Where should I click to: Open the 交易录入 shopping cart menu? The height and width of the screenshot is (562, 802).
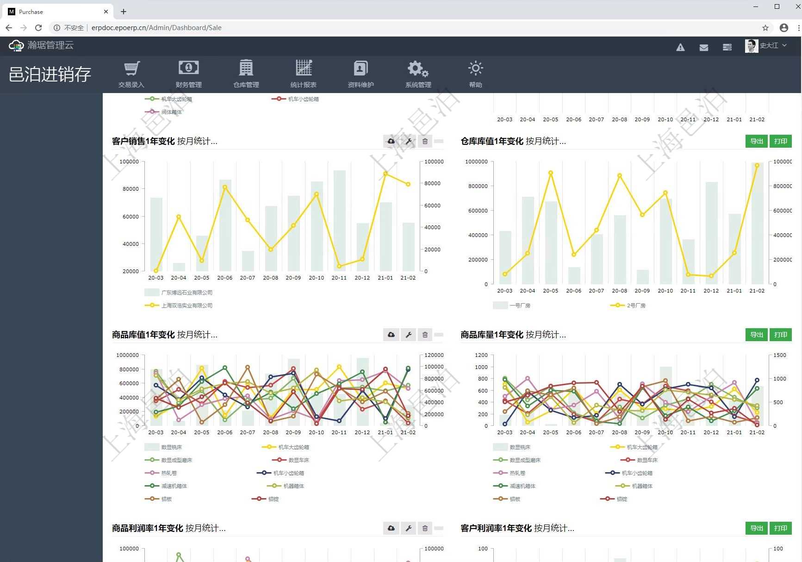click(x=131, y=74)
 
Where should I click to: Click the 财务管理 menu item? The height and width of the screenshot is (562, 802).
click(x=188, y=74)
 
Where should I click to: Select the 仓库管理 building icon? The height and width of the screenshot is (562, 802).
click(x=246, y=74)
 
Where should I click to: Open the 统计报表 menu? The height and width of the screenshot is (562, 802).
click(x=304, y=74)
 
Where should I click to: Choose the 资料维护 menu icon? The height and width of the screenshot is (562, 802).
click(x=361, y=74)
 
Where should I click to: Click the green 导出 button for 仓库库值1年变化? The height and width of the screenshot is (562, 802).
click(x=756, y=141)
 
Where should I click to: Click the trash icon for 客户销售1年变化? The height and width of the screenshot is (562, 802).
click(x=425, y=141)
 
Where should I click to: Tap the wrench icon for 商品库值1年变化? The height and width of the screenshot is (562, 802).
click(x=409, y=335)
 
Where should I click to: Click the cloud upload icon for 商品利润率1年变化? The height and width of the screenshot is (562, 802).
click(x=391, y=528)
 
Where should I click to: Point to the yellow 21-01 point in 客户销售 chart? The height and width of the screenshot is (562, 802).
click(x=385, y=174)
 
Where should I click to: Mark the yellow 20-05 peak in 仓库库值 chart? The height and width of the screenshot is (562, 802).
click(x=551, y=173)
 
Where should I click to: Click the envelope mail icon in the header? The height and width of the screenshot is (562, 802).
click(x=703, y=47)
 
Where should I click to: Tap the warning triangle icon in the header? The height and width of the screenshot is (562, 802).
click(x=680, y=47)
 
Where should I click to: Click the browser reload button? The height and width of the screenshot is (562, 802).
click(x=38, y=28)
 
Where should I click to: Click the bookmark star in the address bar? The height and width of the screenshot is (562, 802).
click(x=765, y=28)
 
